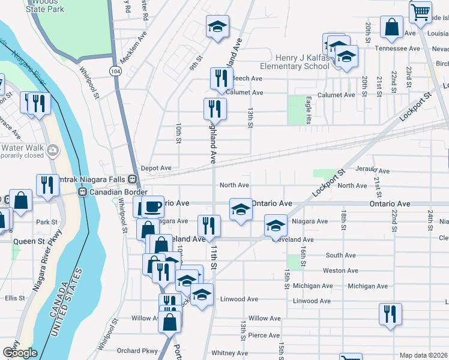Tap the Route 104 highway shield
113,71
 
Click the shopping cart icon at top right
420,12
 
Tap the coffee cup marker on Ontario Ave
152,206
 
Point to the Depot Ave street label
156,169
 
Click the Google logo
20,353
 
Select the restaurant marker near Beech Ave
221,79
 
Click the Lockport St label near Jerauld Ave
328,181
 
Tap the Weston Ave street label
340,271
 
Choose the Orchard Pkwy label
137,351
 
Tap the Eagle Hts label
308,110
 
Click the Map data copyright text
423,355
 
